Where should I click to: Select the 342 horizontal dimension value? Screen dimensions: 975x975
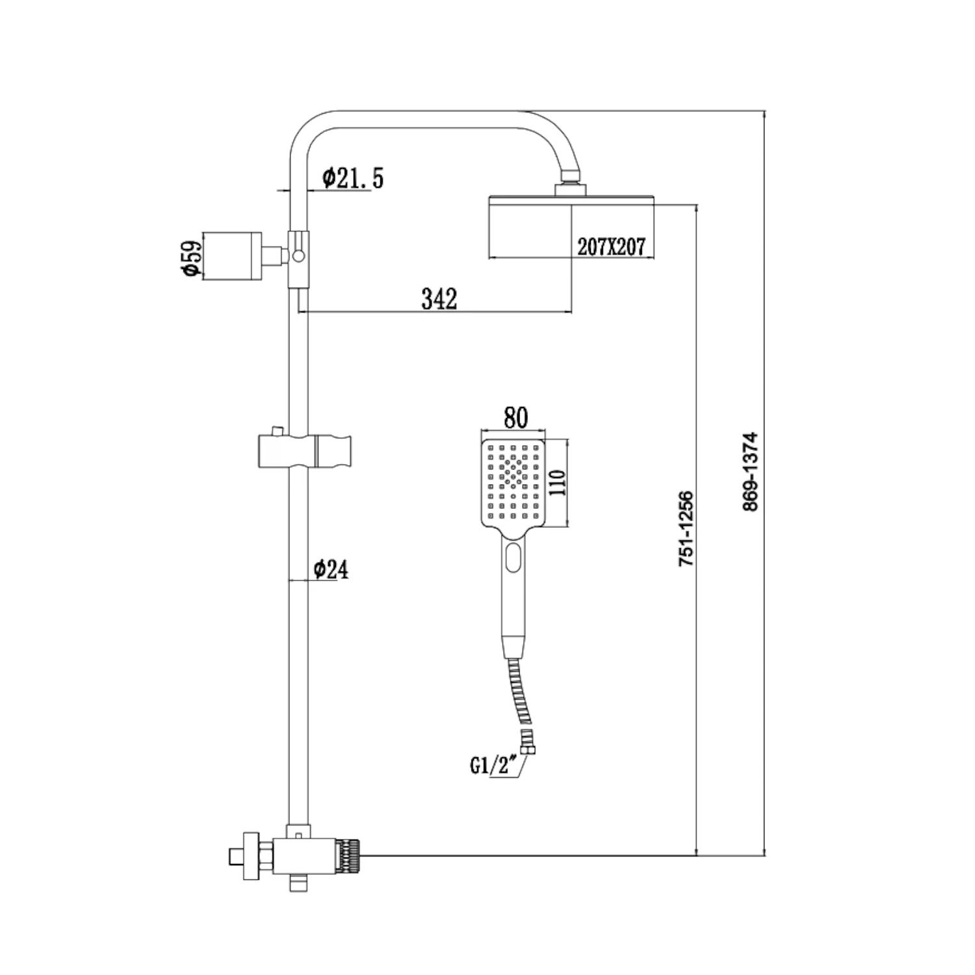439,299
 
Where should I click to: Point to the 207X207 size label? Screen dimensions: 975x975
611,247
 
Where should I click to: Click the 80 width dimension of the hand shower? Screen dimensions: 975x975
515,418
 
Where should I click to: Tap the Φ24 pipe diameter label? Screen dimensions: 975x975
331,569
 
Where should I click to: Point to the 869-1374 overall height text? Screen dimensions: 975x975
750,471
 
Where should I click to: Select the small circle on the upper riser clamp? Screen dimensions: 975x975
298,255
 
